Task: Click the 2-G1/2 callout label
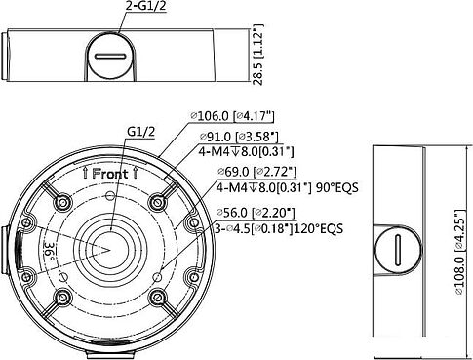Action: coord(145,6)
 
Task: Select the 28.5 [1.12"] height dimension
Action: coord(258,55)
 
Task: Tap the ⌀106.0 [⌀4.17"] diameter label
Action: coord(232,116)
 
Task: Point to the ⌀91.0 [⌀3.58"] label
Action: coord(239,137)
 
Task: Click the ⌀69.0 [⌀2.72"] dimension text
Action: coord(256,172)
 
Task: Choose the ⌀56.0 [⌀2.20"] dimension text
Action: coord(256,213)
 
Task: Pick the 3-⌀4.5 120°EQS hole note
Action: coord(279,228)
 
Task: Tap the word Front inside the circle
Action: coord(110,174)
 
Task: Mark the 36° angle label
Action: coord(49,251)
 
